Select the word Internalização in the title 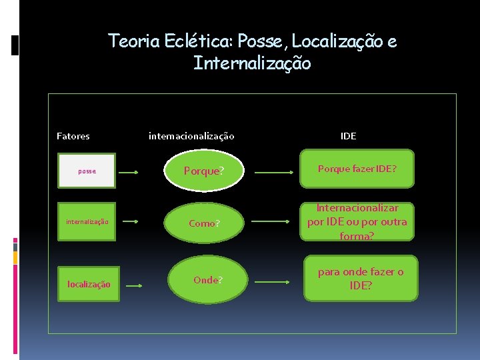tap(251, 64)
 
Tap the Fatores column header tap(73, 136)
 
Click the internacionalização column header tap(191, 136)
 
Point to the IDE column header tap(348, 136)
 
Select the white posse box tap(87, 171)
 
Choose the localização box tap(89, 284)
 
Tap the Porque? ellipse tap(204, 171)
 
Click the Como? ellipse tap(204, 223)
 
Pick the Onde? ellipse tap(208, 280)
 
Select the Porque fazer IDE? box tap(357, 169)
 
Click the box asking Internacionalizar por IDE tap(357, 222)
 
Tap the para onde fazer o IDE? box tap(361, 279)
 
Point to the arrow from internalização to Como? tap(132, 221)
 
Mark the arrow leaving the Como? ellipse tap(273, 221)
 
